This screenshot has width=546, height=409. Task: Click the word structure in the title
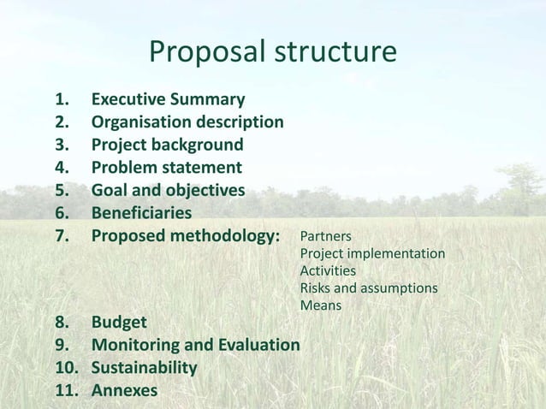(x=335, y=53)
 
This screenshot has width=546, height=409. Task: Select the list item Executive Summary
(x=168, y=99)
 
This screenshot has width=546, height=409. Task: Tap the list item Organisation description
(x=187, y=122)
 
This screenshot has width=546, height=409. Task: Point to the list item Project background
(x=167, y=145)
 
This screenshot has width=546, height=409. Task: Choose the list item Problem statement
(x=166, y=168)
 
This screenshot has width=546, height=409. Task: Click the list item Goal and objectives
(x=168, y=190)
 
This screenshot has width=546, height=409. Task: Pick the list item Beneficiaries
(x=141, y=212)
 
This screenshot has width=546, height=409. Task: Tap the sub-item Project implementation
(x=372, y=254)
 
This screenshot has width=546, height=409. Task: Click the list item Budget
(x=119, y=323)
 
